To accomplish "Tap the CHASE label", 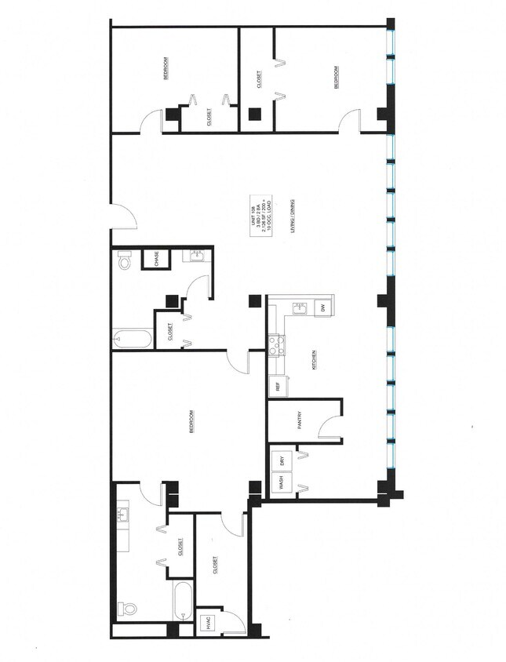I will pos(156,259).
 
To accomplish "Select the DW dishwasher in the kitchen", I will pos(322,308).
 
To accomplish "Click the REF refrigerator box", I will pos(277,387).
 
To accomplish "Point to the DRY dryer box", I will pos(282,460).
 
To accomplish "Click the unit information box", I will pos(259,213).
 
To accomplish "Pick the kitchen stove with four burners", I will pos(275,345).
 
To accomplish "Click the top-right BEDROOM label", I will pos(337,78).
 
